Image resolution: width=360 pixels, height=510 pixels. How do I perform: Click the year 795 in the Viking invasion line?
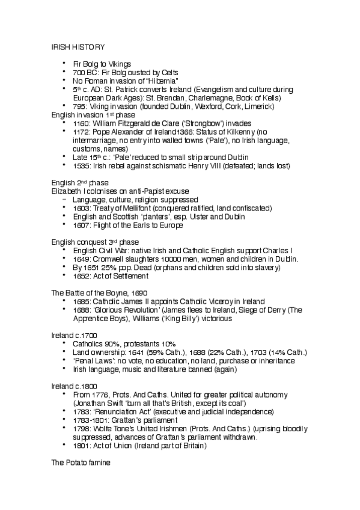pyautogui.click(x=79, y=106)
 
